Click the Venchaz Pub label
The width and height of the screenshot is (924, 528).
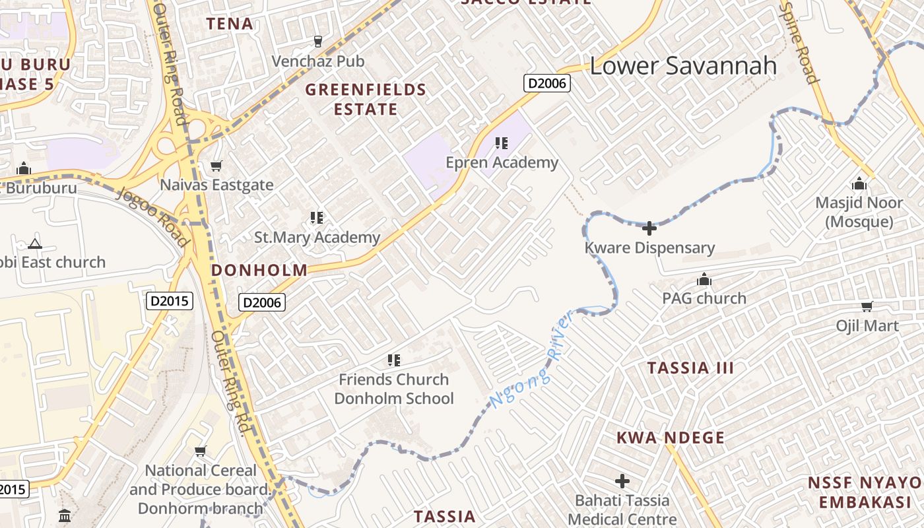click(x=318, y=61)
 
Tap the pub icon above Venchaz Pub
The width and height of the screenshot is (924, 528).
click(x=318, y=42)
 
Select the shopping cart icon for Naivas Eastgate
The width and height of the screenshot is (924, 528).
click(x=216, y=166)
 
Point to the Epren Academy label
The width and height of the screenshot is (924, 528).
click(x=502, y=162)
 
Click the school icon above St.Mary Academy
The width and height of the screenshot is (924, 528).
click(x=317, y=217)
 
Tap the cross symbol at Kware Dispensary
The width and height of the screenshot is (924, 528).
click(x=649, y=228)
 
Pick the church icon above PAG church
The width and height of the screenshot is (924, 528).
click(x=704, y=279)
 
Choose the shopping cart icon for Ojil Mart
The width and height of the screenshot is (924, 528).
click(x=867, y=306)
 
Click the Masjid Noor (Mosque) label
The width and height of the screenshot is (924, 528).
click(x=859, y=212)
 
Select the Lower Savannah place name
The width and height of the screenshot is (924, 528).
click(x=683, y=66)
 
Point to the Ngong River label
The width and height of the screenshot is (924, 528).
click(x=530, y=361)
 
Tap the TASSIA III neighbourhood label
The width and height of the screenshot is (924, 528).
click(x=690, y=368)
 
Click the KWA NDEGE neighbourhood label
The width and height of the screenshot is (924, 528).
click(x=671, y=438)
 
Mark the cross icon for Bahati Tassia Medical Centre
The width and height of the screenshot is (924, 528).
click(x=622, y=481)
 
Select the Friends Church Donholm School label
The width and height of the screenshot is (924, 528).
click(x=394, y=389)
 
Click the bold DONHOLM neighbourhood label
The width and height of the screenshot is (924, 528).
click(x=259, y=270)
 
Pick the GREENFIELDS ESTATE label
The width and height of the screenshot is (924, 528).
click(x=366, y=99)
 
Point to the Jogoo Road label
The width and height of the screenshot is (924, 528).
click(x=153, y=216)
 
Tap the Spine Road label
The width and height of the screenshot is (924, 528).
click(x=799, y=43)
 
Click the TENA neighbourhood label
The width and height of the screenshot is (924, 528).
click(x=230, y=24)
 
